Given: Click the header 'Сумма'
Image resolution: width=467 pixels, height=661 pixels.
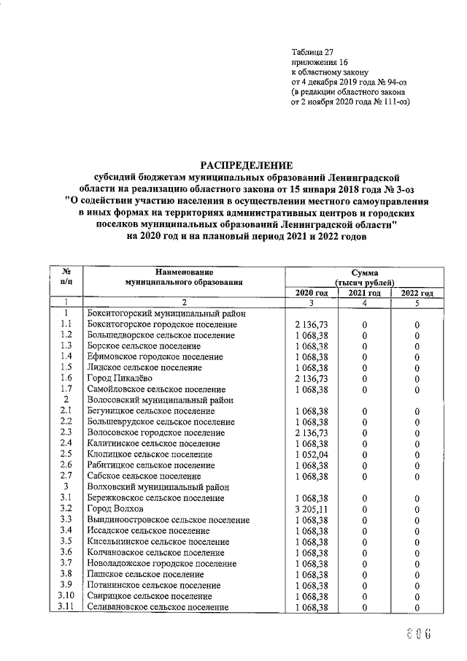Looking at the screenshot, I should point(363,272).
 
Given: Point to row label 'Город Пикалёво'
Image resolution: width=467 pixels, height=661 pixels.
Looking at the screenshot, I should point(118,378).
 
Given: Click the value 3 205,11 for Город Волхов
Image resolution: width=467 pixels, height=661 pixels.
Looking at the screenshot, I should point(312,508).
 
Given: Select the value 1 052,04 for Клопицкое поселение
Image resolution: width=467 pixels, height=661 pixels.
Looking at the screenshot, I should point(312,454).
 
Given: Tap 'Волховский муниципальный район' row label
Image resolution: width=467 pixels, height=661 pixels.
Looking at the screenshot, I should point(157,486).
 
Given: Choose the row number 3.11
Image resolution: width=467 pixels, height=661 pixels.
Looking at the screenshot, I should point(66,606).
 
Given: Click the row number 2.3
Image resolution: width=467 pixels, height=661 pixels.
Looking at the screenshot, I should point(66,432).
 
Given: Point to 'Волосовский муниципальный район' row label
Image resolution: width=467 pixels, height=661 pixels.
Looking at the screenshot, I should point(160,400).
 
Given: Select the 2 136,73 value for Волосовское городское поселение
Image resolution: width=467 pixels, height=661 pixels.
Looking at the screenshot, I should point(312,432).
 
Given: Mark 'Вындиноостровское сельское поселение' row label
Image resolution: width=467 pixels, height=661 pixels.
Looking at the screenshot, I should point(168,519).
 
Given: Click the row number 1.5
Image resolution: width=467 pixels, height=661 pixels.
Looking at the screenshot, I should point(66,367).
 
